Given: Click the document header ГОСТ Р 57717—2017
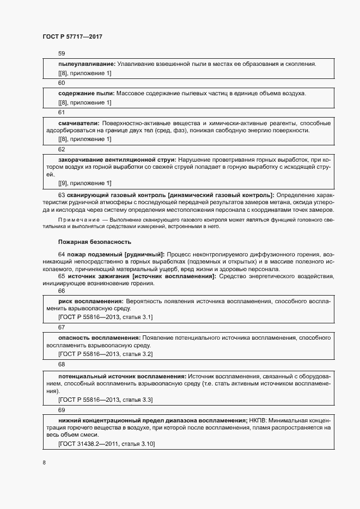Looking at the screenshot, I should point(72,36).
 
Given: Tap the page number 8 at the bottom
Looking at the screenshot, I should point(44,463).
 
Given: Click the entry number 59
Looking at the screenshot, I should point(62,53).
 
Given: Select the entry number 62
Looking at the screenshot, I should point(62,149).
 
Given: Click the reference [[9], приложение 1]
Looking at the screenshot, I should point(84,183).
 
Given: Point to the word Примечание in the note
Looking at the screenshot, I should point(75,218).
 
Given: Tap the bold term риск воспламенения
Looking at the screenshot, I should point(90,301).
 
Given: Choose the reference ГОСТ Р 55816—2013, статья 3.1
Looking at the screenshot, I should point(105,316).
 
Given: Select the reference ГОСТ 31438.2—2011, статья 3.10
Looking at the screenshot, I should point(107,444).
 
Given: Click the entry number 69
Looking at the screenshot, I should point(62,409).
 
